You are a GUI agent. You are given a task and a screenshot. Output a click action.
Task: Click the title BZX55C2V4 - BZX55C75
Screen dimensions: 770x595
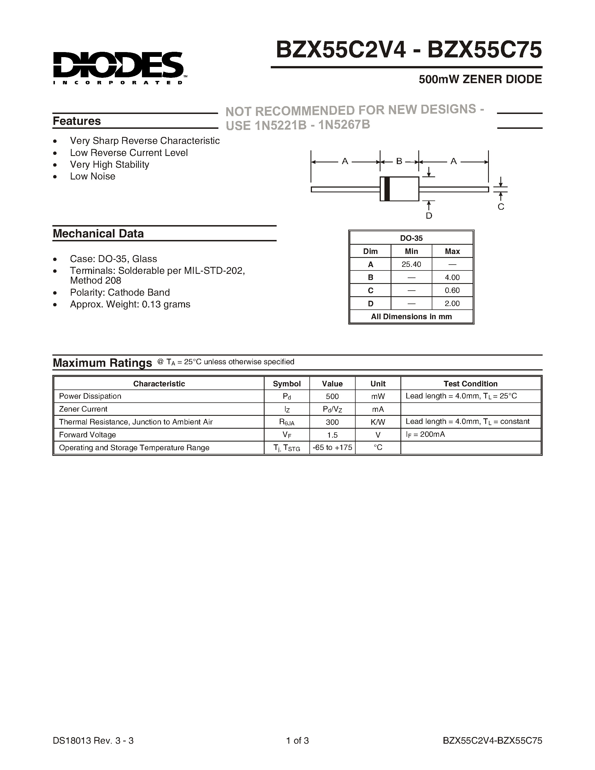tap(409, 50)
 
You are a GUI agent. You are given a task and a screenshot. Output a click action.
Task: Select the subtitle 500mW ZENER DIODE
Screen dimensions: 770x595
tap(480, 79)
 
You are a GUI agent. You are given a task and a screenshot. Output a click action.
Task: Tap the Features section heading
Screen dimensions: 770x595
tap(77, 121)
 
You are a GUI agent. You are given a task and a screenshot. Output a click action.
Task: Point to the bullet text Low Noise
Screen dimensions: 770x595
tap(92, 176)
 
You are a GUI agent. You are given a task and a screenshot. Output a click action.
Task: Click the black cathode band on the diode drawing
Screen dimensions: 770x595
tap(387, 189)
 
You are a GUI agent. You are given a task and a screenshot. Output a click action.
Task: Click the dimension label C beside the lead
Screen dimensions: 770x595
tap(501, 207)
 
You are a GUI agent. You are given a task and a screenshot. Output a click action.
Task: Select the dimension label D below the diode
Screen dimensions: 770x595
tap(429, 216)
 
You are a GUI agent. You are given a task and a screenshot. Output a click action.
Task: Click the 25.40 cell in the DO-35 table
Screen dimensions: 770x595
tap(411, 264)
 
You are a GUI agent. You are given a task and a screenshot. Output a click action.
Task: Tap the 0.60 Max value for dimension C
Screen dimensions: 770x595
tap(452, 291)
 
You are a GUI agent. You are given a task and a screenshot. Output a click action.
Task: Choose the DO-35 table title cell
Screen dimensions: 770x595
tap(411, 238)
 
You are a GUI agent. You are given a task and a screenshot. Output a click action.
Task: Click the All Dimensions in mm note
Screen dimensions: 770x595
tap(411, 317)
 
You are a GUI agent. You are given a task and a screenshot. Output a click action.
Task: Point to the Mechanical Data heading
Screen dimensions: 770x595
tap(98, 234)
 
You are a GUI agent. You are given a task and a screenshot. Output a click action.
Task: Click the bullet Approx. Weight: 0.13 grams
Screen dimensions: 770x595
tap(130, 304)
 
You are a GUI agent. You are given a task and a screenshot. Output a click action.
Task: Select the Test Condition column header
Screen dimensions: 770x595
tap(470, 384)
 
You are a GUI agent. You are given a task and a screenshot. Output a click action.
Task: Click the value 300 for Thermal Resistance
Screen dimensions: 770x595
tap(332, 422)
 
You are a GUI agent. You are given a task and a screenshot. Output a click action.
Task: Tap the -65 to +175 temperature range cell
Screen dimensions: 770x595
tap(332, 448)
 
